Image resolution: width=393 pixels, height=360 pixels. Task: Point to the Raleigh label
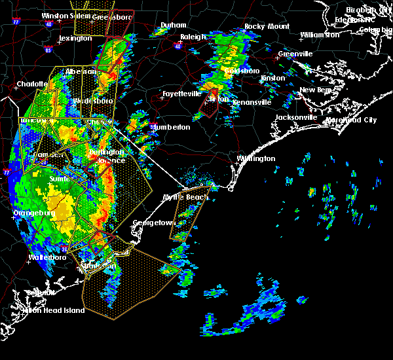click(193, 37)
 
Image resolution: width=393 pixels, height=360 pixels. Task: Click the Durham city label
click(174, 26)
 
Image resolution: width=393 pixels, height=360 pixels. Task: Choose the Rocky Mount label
click(257, 26)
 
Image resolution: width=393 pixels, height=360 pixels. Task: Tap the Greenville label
click(295, 54)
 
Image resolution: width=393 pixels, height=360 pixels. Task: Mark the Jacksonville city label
click(297, 117)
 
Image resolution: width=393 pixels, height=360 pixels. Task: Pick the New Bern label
click(316, 90)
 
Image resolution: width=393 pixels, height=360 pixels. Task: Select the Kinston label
click(273, 78)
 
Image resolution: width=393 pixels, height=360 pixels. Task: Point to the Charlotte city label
click(32, 84)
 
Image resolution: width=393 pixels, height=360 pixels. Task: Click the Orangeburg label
click(32, 213)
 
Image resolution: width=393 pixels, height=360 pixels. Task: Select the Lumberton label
click(172, 127)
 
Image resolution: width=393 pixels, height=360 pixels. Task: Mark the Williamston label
click(320, 35)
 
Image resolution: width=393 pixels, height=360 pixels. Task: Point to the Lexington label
click(75, 38)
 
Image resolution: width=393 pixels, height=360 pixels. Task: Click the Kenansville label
click(250, 102)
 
